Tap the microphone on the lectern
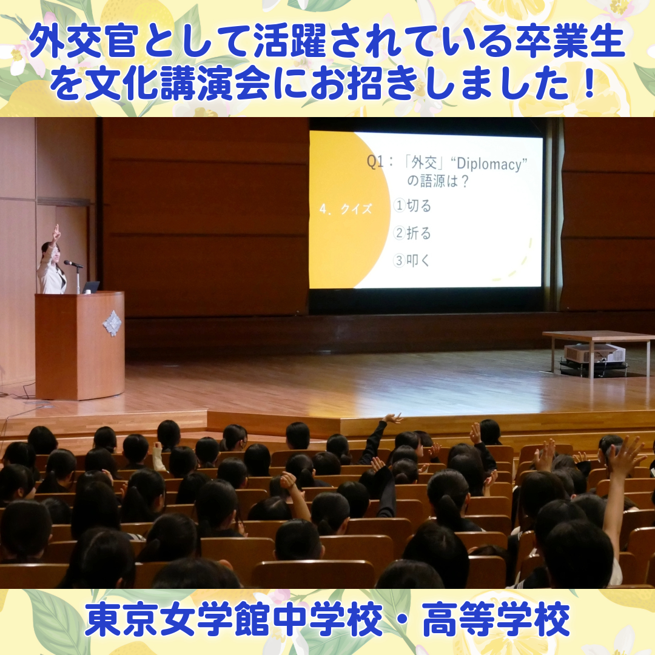[73, 264]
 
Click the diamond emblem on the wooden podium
[112, 323]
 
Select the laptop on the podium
[90, 287]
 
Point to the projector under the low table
[594, 354]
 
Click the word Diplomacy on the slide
[489, 164]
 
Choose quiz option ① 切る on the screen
[412, 206]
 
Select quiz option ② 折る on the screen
[412, 233]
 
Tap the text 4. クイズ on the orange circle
[346, 209]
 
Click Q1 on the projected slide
[375, 161]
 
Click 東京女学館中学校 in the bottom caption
[233, 619]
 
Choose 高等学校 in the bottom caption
[496, 619]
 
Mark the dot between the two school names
[402, 620]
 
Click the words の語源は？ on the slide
[438, 181]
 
